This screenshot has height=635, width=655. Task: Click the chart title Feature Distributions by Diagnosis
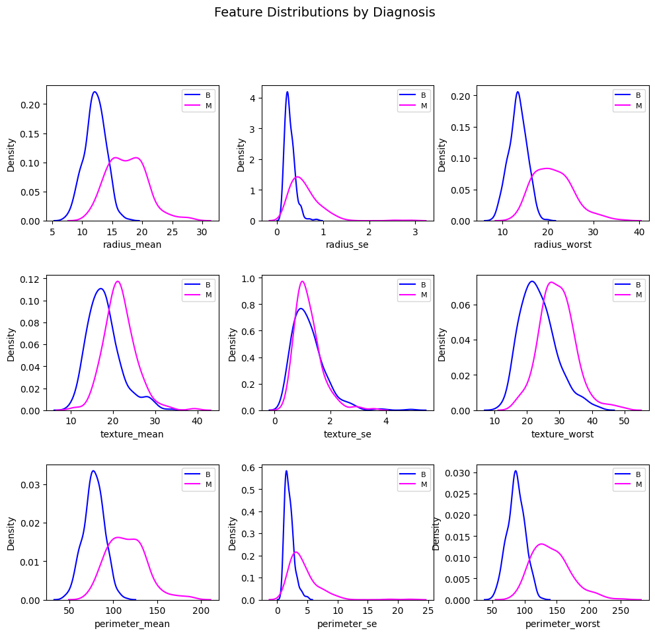[325, 12]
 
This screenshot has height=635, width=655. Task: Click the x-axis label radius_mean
[132, 244]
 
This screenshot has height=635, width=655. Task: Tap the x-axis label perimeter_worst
[562, 624]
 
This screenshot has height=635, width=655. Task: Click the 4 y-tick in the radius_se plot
[252, 98]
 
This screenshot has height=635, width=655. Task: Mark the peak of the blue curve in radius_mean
[95, 92]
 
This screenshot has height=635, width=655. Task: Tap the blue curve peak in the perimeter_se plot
[286, 471]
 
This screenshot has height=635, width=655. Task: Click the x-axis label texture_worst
[562, 434]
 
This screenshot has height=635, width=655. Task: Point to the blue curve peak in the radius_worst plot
[518, 92]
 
